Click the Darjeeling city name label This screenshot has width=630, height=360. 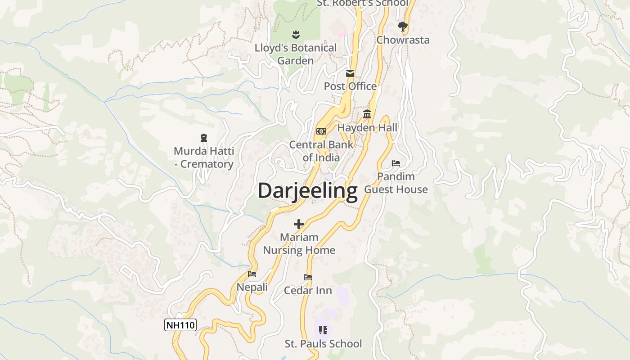307,191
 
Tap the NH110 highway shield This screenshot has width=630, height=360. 180,325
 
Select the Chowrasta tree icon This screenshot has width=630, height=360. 403,27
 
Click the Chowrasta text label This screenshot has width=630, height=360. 403,40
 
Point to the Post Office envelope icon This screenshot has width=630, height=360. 350,73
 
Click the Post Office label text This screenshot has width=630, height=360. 350,86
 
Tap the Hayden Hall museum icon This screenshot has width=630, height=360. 367,114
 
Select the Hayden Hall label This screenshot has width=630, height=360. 367,128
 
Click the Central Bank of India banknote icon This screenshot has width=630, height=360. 321,131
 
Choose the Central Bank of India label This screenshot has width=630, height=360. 321,151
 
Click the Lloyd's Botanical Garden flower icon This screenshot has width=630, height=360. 295,34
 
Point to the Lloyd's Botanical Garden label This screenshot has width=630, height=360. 295,54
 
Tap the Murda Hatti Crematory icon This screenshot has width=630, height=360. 203,138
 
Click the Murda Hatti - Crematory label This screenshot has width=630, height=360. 203,157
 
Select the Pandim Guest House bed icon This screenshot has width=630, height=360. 396,163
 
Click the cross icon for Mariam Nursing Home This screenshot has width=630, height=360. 299,224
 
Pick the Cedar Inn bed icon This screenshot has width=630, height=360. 308,277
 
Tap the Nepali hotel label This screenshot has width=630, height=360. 252,287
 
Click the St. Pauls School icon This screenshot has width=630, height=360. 323,331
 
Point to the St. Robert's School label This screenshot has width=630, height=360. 363,3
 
